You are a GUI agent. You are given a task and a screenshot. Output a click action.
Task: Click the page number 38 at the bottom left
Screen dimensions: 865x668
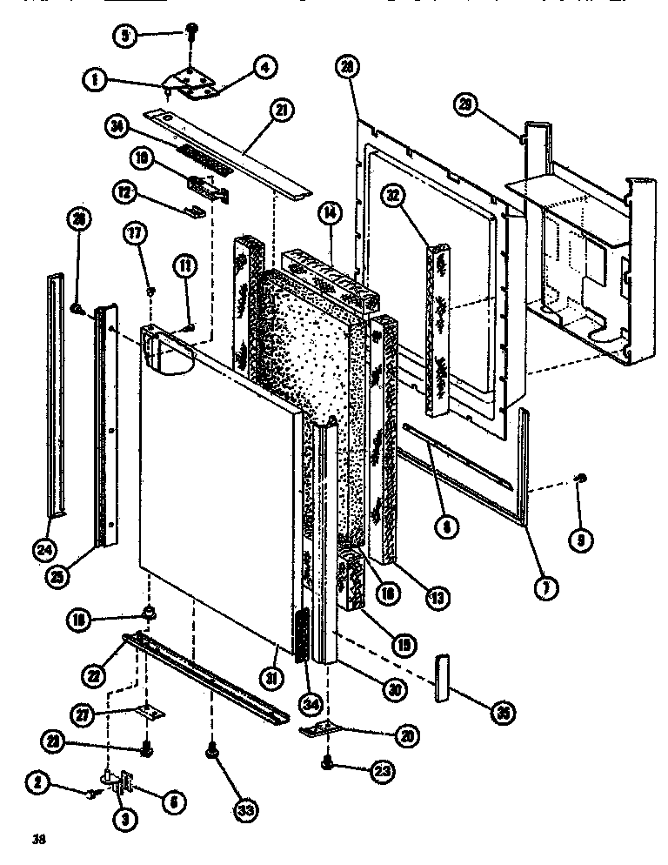[x=38, y=840]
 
